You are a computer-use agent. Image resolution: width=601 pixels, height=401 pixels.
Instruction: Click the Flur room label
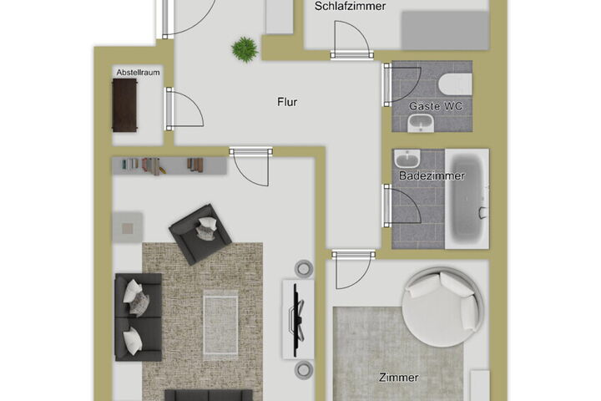click(287, 102)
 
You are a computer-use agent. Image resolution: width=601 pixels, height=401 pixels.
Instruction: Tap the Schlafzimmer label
click(350, 7)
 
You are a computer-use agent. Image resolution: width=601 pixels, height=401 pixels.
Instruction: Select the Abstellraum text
click(138, 72)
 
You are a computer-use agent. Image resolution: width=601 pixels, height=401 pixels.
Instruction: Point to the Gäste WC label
click(436, 106)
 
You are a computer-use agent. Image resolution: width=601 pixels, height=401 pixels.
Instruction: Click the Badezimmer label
click(432, 175)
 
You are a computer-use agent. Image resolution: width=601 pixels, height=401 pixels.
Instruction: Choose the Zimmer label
click(399, 378)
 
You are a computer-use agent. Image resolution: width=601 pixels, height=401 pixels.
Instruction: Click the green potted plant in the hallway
click(244, 49)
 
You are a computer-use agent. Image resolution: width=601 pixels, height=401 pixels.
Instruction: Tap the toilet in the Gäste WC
click(456, 84)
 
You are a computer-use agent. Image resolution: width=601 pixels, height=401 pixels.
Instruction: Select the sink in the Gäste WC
click(421, 123)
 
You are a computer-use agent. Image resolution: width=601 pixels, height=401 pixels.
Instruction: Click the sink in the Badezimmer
click(407, 158)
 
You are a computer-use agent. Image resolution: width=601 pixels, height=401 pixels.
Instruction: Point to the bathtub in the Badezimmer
click(467, 199)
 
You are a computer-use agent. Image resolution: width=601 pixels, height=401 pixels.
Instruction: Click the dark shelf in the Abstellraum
click(124, 105)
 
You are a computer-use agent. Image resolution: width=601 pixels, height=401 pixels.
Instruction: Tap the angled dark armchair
click(200, 234)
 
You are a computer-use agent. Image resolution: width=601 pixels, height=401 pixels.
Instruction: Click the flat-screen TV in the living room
click(298, 320)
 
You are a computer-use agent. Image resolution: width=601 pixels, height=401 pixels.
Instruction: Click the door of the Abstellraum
click(184, 109)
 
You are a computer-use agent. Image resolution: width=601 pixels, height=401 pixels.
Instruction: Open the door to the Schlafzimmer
click(352, 39)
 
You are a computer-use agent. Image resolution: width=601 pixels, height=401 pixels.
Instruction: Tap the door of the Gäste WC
click(402, 85)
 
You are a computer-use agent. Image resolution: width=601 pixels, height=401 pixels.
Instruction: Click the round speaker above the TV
click(304, 268)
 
